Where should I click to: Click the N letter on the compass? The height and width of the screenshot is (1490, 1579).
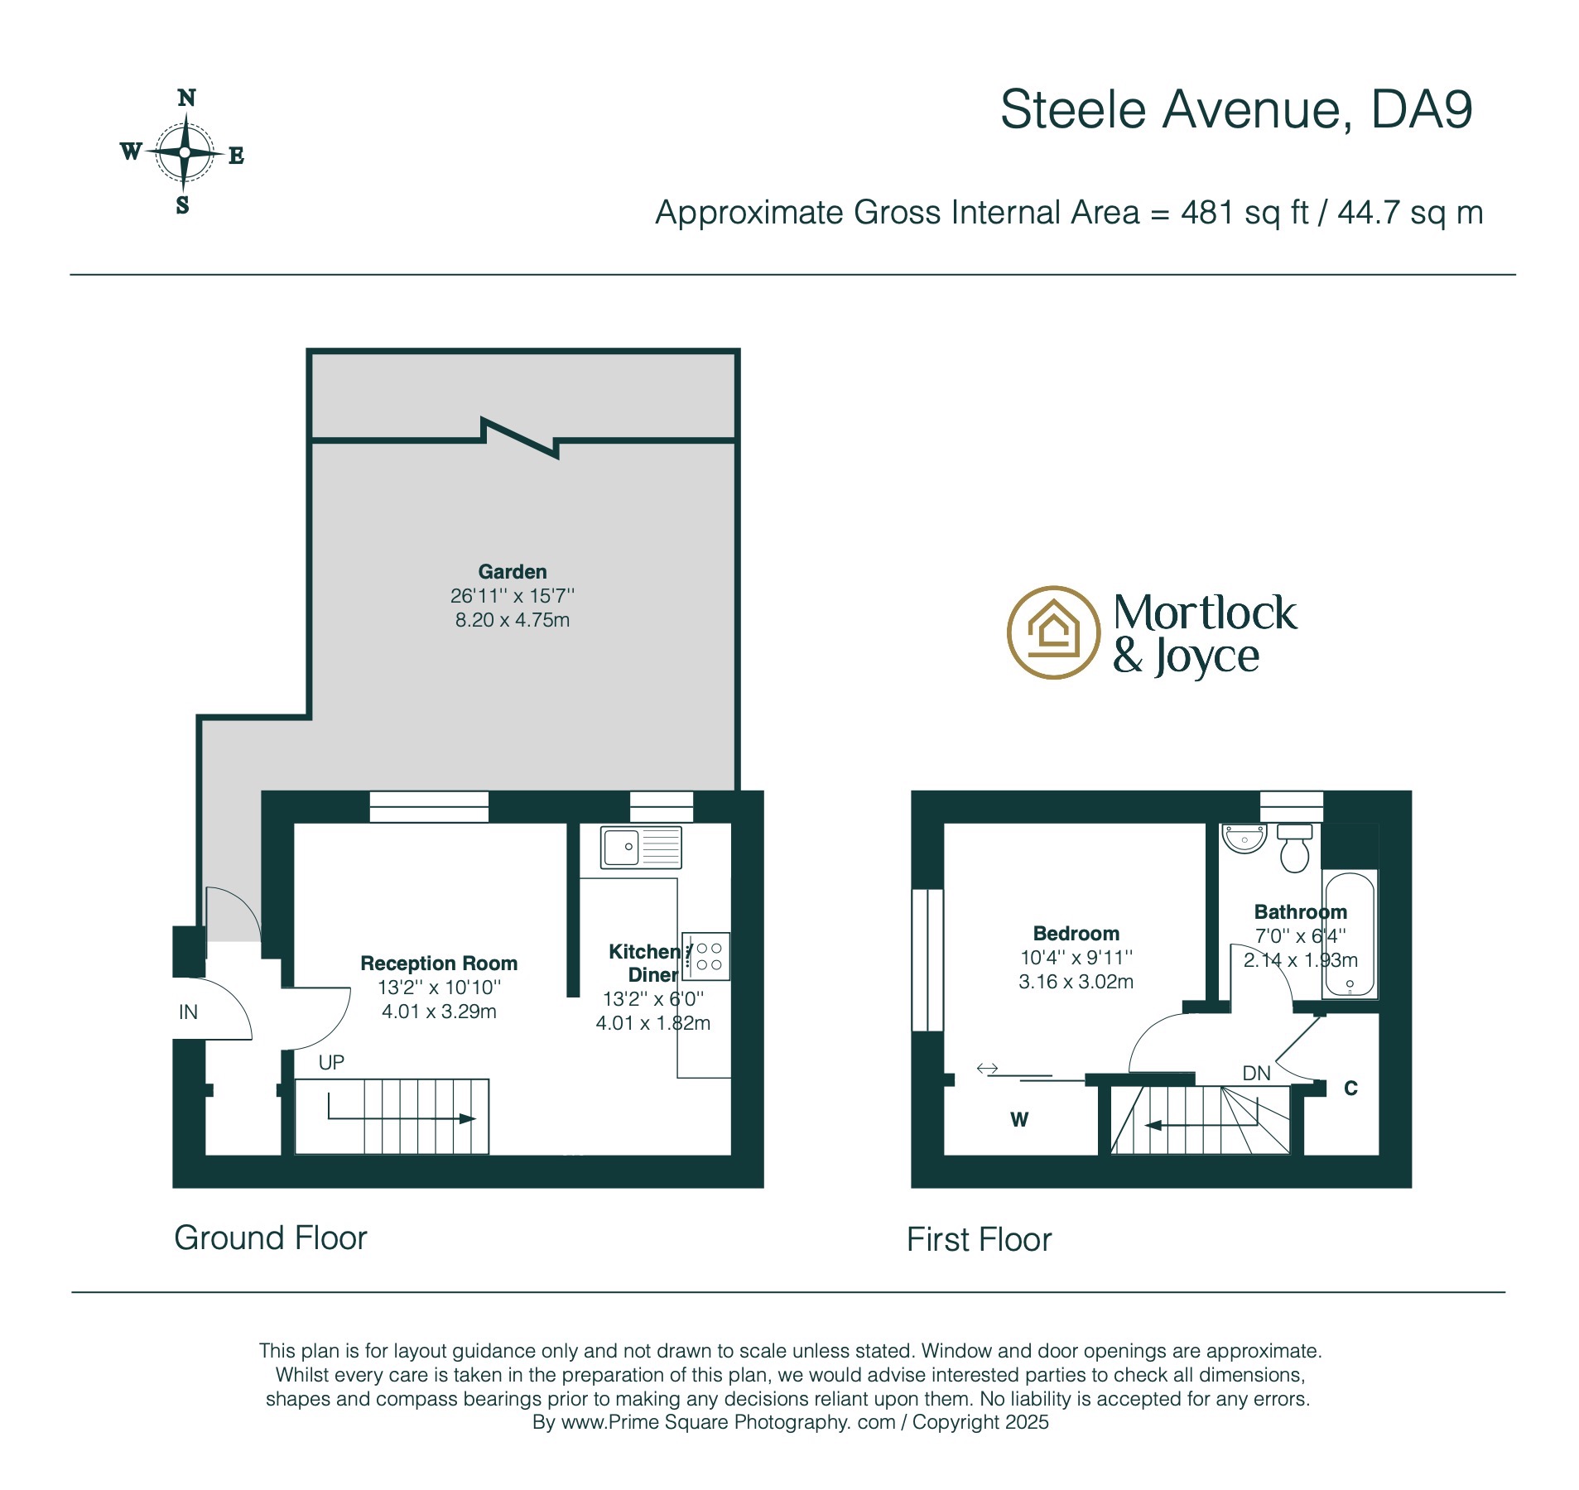[187, 99]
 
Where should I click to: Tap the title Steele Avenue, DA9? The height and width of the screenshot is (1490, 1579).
[1235, 110]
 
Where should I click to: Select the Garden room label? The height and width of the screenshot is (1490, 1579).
[513, 572]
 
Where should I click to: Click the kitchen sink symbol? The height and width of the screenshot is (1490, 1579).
[642, 847]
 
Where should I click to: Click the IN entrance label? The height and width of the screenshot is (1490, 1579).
[188, 1012]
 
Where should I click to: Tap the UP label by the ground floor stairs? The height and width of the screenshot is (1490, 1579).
[331, 1063]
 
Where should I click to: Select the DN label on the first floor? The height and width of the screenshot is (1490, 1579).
[1256, 1074]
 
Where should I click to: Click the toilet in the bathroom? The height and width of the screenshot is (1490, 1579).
[1294, 848]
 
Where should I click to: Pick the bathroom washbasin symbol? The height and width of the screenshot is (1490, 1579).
[1244, 839]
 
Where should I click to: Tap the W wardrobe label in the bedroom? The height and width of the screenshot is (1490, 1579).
[1019, 1120]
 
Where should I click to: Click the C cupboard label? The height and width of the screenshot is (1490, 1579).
[1350, 1089]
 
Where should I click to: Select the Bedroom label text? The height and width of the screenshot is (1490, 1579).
[1076, 934]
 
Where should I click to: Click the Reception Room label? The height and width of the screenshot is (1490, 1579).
[439, 964]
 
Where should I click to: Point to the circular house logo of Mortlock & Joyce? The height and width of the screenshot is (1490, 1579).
[1053, 632]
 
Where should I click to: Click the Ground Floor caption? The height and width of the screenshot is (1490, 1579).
[270, 1238]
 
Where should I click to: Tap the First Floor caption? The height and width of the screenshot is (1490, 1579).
[979, 1240]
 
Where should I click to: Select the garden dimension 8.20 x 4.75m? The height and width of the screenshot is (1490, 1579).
[513, 620]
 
